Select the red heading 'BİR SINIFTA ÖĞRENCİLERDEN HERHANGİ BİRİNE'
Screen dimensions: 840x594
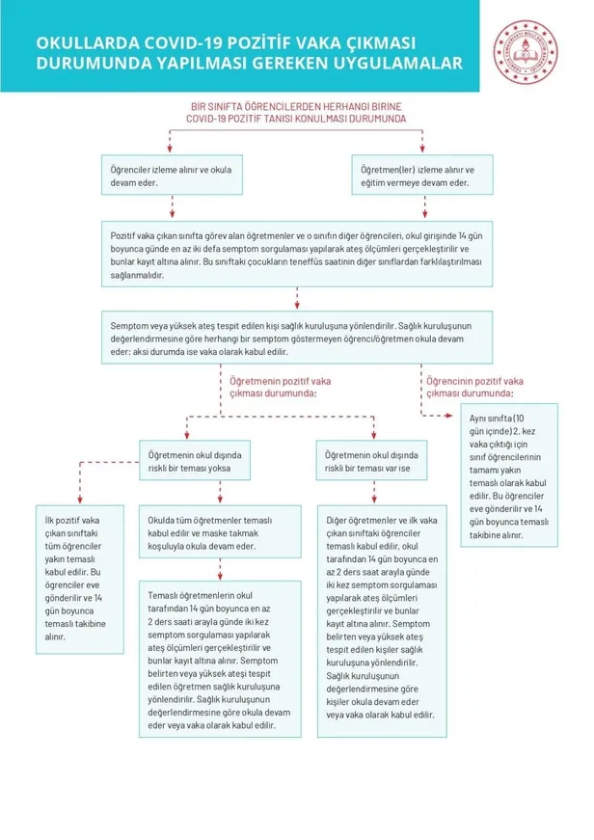(x=296, y=106)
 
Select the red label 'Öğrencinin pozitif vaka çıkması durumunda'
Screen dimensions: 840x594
(x=470, y=387)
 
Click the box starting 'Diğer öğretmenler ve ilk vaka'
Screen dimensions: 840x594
(x=379, y=618)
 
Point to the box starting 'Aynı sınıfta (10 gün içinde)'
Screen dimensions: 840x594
(x=508, y=474)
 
